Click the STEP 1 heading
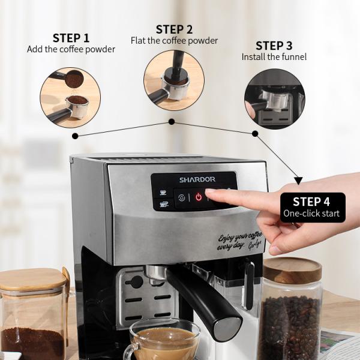pos(71,38)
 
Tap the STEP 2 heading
pos(174,29)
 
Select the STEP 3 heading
pos(274,46)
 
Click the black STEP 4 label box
pos(311,207)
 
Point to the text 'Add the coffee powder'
pos(71,49)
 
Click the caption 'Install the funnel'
pos(274,57)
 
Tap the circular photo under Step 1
pos(70,97)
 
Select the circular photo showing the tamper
pos(174,80)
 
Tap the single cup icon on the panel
pos(163,191)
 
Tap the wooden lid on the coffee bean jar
pos(293,270)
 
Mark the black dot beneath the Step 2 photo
pos(172,122)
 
